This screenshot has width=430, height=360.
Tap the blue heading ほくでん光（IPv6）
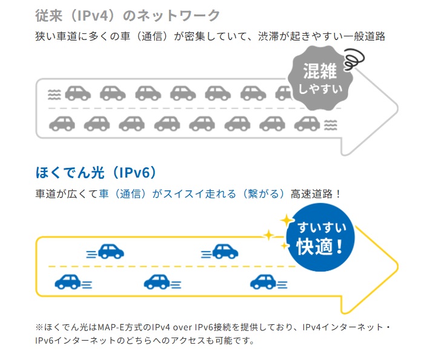click(97, 173)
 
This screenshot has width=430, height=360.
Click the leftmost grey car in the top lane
click(77, 93)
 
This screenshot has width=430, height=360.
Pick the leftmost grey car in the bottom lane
click(61, 124)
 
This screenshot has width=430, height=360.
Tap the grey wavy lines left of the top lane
click(54, 94)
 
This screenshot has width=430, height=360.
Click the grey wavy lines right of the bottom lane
click(331, 124)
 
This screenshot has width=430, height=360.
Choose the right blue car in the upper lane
click(224, 250)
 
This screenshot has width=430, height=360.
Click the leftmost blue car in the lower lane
click(67, 281)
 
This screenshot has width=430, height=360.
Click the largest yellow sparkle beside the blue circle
click(286, 220)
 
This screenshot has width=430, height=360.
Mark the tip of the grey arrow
click(397, 110)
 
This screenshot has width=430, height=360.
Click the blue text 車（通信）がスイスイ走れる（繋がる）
click(192, 194)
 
